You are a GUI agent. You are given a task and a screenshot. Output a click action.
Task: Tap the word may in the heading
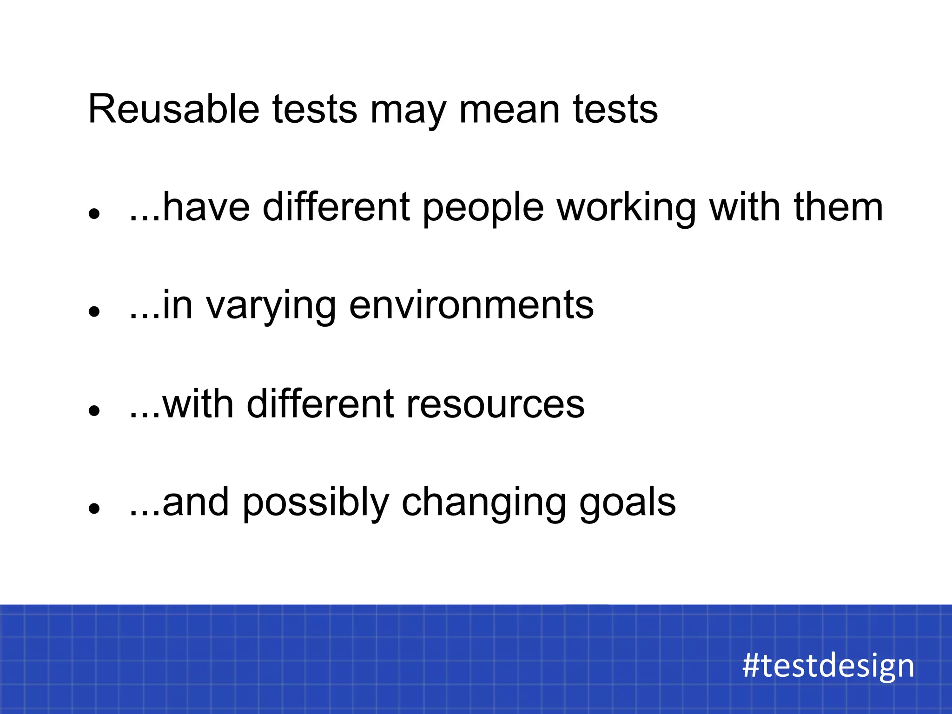click(408, 112)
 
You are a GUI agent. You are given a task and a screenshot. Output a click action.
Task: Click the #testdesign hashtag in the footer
click(828, 665)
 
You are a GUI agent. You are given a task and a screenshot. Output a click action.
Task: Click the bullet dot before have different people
click(95, 214)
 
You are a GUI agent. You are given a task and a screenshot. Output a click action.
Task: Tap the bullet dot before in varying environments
click(95, 312)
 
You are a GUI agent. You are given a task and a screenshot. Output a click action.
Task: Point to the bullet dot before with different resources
click(95, 410)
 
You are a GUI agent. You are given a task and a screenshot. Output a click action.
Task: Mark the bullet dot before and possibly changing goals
click(95, 509)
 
